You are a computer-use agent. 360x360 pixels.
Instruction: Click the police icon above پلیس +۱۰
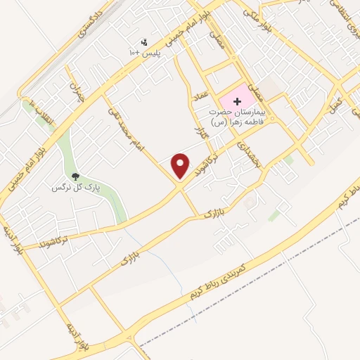coord(145,42)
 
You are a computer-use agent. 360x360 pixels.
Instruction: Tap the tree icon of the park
coord(75,176)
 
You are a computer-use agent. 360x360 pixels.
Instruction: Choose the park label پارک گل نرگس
coord(77,188)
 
